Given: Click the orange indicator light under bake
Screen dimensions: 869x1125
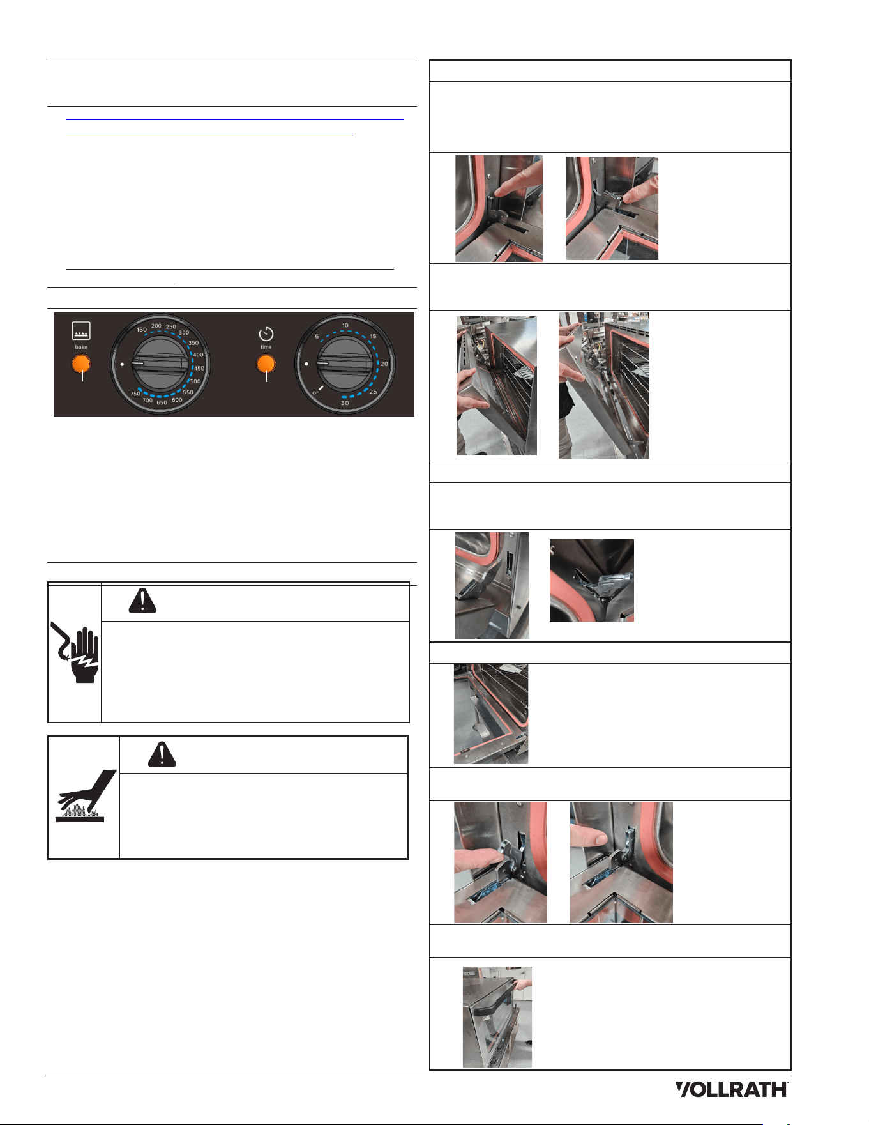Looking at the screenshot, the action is click(81, 364).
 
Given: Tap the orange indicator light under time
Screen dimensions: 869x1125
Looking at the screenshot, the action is click(266, 364).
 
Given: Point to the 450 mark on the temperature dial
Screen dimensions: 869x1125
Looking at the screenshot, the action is click(199, 369).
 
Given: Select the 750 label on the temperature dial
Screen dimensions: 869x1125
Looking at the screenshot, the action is click(135, 394).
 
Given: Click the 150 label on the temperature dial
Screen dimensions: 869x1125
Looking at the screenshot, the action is click(142, 330).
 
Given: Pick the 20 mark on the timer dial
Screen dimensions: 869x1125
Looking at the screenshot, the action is click(384, 364).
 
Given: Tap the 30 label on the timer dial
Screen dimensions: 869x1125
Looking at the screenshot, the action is click(345, 403).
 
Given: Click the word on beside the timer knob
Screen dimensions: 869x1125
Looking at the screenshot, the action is click(316, 392).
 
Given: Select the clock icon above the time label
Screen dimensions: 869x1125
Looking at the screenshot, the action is click(266, 333).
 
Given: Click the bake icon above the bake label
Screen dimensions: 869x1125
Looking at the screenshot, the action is click(81, 330).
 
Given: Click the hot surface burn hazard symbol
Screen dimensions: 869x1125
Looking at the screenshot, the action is click(86, 796).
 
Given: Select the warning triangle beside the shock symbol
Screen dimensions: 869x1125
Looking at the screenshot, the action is click(142, 601).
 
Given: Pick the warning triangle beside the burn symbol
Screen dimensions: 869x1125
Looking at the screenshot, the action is click(162, 754).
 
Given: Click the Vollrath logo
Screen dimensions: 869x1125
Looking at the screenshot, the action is click(732, 1089).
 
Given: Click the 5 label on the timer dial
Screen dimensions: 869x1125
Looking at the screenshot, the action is click(317, 337).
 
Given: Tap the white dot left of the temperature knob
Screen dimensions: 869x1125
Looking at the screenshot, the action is click(122, 364).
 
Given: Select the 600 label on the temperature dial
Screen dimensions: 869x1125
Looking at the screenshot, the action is click(177, 401).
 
